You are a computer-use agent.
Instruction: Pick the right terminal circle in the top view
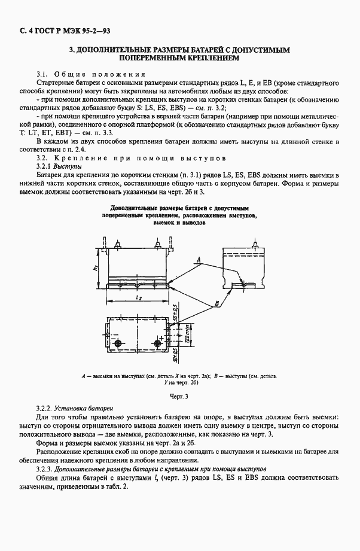tap(158, 343)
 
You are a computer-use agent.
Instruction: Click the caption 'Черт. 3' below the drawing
tap(179, 395)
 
